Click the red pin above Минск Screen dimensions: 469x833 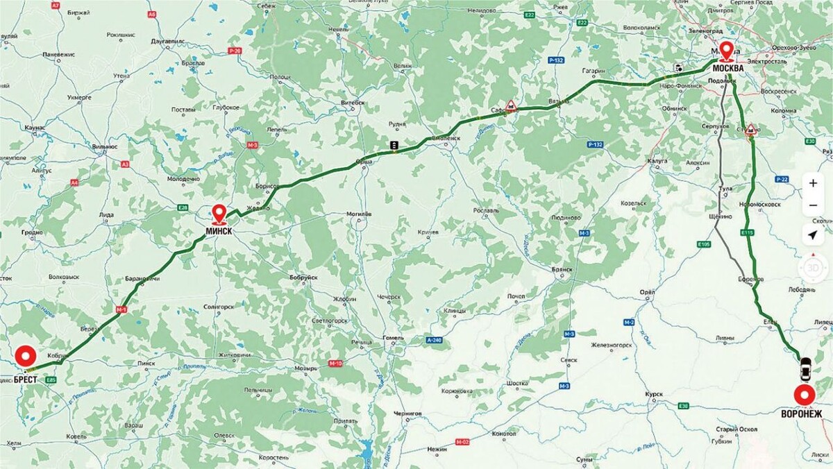point(219,213)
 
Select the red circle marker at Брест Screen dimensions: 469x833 point(26,357)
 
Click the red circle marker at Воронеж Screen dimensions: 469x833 point(805,395)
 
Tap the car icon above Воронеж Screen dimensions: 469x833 point(805,368)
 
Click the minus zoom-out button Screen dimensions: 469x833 point(813,206)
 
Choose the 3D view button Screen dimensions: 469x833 point(813,266)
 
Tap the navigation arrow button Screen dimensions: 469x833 point(813,235)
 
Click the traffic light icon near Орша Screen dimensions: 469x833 point(394,146)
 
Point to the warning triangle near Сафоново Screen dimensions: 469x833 point(511,105)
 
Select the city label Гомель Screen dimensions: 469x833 point(394,338)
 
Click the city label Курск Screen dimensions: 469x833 point(654,394)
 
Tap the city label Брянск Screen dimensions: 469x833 point(562,268)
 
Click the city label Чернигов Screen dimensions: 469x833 point(407,413)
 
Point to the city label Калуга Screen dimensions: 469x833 point(657,160)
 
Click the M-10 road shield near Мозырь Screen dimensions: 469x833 point(336,364)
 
